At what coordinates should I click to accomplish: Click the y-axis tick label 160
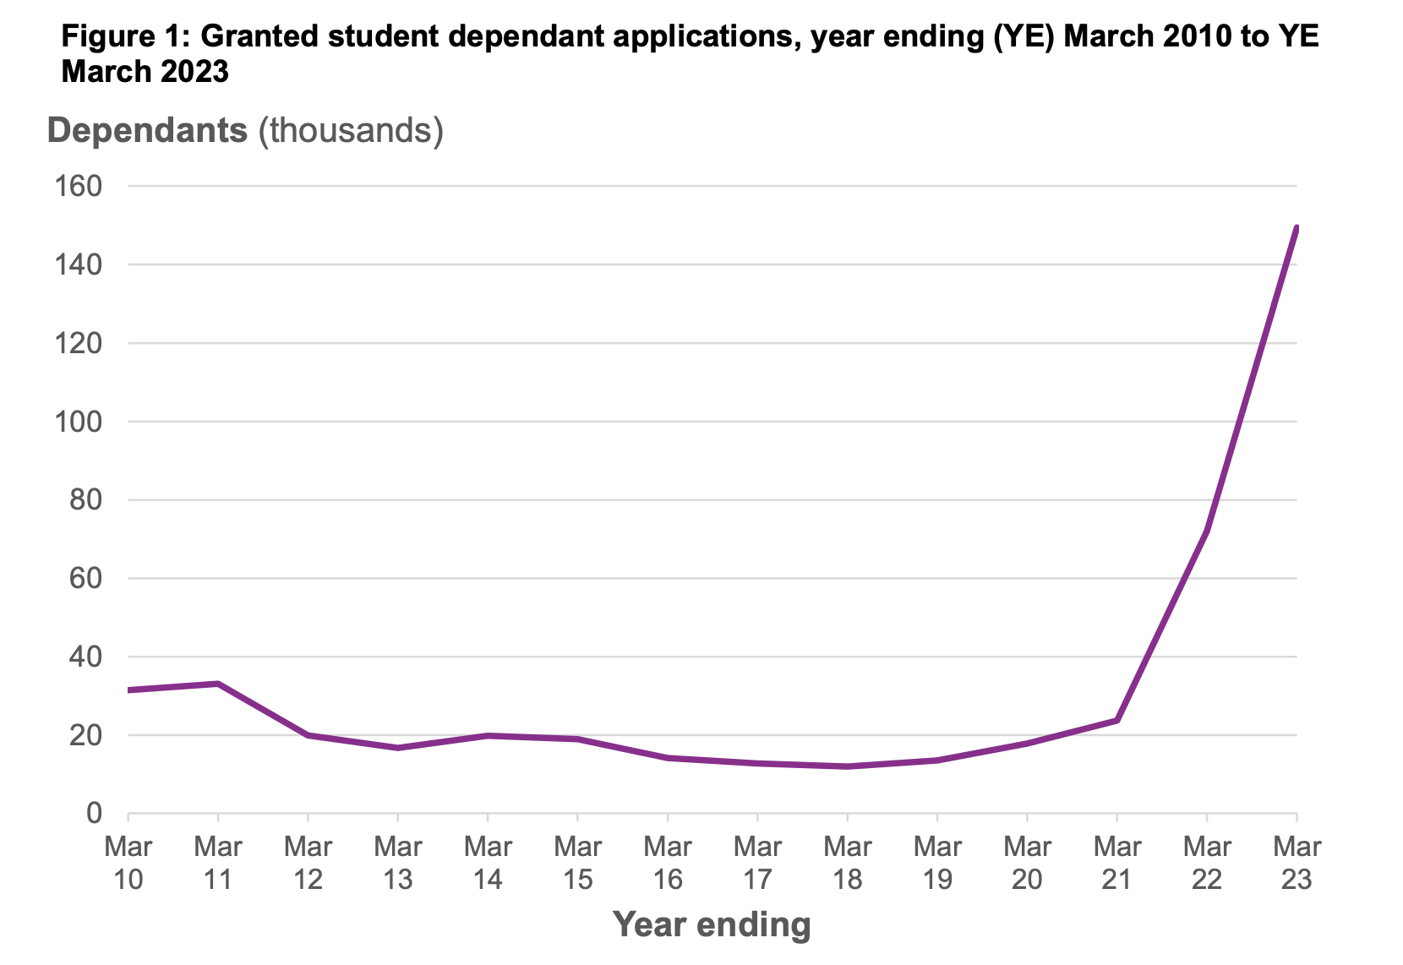[78, 186]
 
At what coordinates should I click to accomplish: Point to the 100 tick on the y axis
[78, 422]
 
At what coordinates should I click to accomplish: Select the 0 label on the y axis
[93, 814]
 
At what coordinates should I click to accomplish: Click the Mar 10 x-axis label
[128, 863]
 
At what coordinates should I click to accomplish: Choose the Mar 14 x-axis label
[488, 863]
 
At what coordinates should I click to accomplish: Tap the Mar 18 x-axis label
[848, 863]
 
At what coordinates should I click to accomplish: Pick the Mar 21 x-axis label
[1117, 863]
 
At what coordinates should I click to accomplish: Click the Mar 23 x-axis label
[1297, 863]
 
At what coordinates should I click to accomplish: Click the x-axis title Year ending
[712, 924]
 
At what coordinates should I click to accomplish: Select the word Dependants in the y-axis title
[147, 130]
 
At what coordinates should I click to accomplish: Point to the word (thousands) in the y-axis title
[350, 130]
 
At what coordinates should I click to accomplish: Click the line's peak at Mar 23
[1296, 228]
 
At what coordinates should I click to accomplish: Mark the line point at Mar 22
[1207, 531]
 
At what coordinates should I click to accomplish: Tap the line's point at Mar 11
[218, 684]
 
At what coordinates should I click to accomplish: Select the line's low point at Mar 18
[848, 766]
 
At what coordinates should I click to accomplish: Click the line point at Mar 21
[1117, 720]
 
